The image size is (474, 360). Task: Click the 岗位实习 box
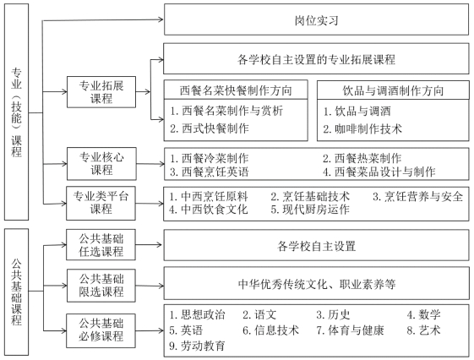[x=316, y=19]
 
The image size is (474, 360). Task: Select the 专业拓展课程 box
[x=101, y=92]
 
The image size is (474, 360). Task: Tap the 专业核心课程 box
[x=101, y=164]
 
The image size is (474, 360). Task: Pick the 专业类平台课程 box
[x=101, y=203]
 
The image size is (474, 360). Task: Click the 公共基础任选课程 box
[x=101, y=245]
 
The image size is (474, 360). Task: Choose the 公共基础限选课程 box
[x=101, y=286]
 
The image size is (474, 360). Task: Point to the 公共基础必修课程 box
[x=101, y=330]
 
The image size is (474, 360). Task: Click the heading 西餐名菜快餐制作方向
[x=236, y=90]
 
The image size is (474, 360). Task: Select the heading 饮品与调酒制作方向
[x=393, y=90]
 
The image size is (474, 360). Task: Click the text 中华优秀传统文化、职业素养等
[x=317, y=284]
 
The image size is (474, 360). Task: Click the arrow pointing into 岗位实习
[x=103, y=20]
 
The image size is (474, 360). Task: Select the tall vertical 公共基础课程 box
[x=16, y=292]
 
